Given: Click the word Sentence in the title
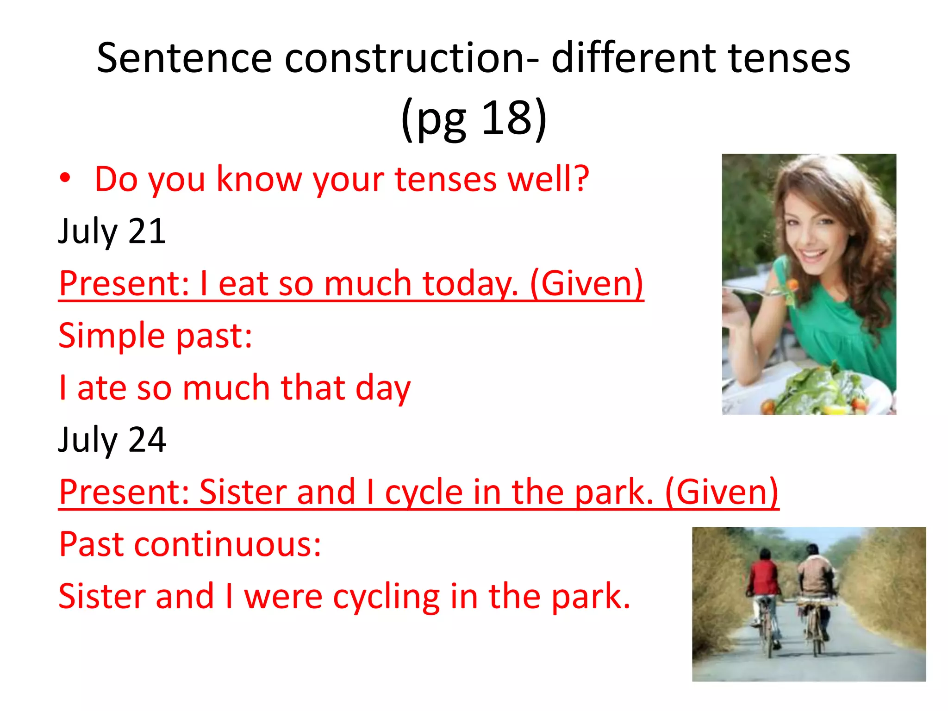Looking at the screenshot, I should tap(184, 59).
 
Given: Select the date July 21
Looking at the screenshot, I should tap(112, 231).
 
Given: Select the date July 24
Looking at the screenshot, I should tap(112, 439).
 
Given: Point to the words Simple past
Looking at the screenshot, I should tap(155, 335).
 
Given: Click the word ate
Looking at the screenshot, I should tap(101, 387).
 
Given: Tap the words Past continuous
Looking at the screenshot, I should tap(190, 544).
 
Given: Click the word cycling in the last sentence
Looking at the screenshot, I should tap(386, 597).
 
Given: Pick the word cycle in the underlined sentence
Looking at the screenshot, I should tap(423, 492).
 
